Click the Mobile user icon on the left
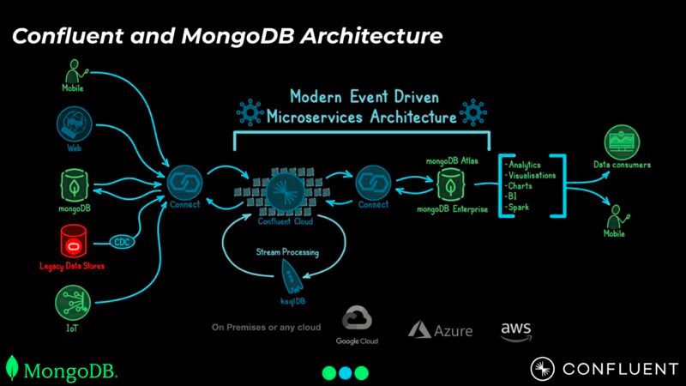click(x=72, y=69)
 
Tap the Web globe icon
click(x=72, y=122)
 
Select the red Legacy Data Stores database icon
click(x=71, y=240)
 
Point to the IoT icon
click(x=71, y=302)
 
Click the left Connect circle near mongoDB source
click(x=184, y=183)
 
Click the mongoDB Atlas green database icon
click(x=447, y=183)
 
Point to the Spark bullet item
click(x=520, y=208)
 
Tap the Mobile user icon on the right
click(x=615, y=213)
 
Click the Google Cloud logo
click(x=357, y=323)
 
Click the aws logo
click(x=516, y=329)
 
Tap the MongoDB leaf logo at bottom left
click(x=12, y=369)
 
